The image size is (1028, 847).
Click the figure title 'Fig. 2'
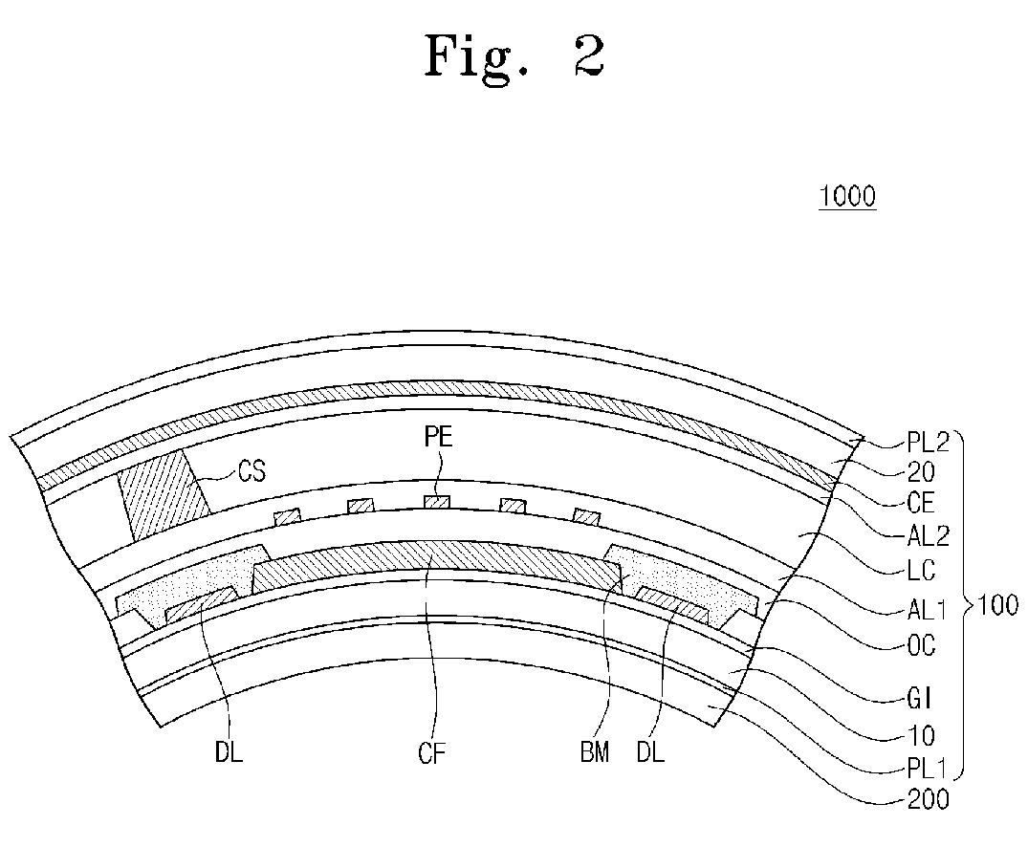click(515, 58)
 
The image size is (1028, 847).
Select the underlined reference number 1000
click(846, 198)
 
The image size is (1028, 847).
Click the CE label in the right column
click(921, 503)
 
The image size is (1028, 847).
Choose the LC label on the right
click(921, 571)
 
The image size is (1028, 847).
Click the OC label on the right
click(921, 646)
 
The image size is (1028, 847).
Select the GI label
click(919, 701)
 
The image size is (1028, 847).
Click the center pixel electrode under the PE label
click(436, 502)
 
